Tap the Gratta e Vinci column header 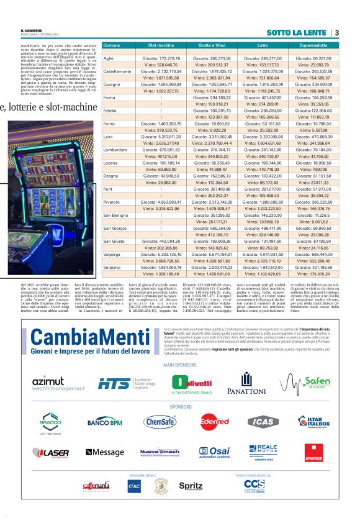tap(210, 46)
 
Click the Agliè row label tap(109, 58)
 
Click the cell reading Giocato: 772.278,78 tap(160, 58)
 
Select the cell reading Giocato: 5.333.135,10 tap(160, 255)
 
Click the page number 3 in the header tap(336, 33)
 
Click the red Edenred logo tap(212, 439)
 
